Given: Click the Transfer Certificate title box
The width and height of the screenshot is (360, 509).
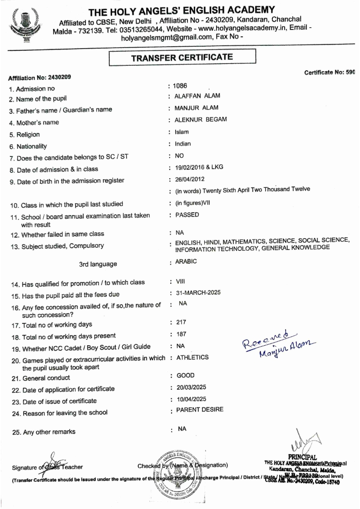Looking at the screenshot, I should (182, 58).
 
